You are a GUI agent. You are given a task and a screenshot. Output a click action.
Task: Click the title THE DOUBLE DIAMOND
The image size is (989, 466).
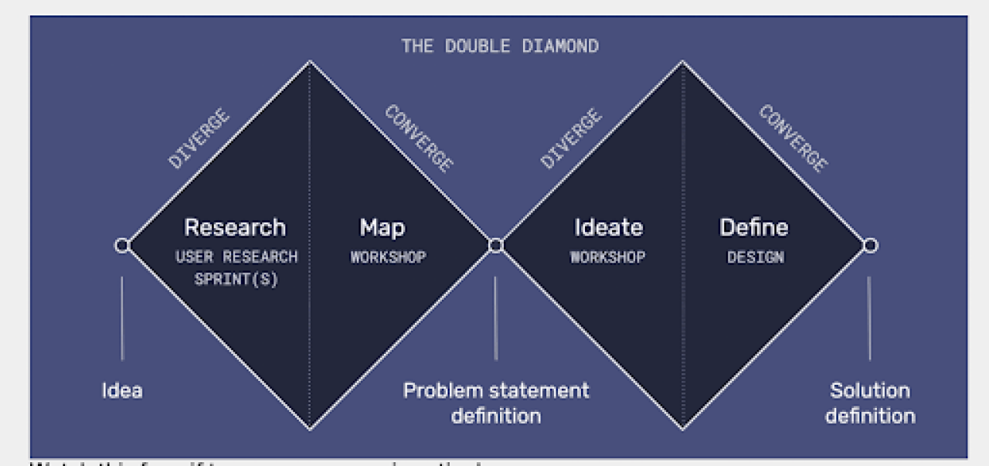[x=499, y=46]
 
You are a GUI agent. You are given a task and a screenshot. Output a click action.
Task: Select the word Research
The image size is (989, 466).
[x=235, y=228]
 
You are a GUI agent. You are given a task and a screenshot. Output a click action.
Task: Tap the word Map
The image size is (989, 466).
[x=382, y=228]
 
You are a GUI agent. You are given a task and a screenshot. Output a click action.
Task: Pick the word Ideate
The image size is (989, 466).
[x=608, y=228]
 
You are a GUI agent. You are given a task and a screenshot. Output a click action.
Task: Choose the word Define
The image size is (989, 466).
[x=754, y=228]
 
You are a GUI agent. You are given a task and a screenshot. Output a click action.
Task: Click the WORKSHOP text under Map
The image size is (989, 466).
[x=388, y=257]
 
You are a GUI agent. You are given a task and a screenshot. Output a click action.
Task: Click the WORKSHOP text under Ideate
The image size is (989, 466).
[x=608, y=257]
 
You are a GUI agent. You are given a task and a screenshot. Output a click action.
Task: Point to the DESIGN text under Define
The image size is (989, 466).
[x=755, y=257]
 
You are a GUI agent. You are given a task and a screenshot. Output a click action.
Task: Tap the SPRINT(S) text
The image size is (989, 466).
[x=236, y=279]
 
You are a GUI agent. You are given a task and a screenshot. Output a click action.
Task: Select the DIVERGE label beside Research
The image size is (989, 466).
[x=199, y=139]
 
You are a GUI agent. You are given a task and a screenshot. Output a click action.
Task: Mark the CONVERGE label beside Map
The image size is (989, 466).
[x=418, y=138]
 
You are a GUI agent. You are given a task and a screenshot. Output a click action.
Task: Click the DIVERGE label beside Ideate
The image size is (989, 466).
[x=571, y=138]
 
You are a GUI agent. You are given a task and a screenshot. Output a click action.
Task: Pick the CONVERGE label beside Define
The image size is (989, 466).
[x=792, y=138]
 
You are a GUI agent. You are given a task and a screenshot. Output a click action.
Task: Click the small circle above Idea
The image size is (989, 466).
[x=122, y=246]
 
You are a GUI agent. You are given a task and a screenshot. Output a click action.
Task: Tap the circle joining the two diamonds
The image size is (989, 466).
[x=496, y=246]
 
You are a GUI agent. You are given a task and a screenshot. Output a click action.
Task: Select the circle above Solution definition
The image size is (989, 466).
[x=870, y=246]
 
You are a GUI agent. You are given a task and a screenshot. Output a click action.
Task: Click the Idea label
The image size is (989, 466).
[x=122, y=390]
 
